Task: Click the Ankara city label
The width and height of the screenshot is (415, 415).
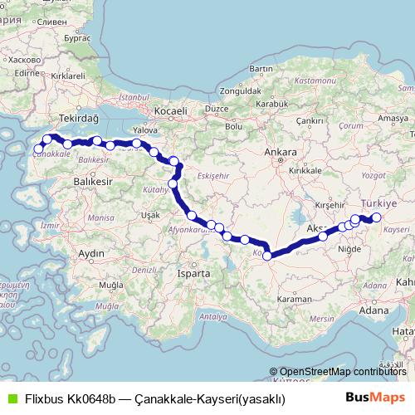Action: coord(275,153)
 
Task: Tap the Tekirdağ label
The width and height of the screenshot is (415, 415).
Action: coord(79,119)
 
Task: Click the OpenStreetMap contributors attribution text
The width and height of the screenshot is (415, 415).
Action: coord(333,372)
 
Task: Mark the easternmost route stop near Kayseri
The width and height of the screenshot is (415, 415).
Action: coord(376,217)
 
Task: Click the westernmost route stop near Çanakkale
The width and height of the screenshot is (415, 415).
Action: coord(37,149)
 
